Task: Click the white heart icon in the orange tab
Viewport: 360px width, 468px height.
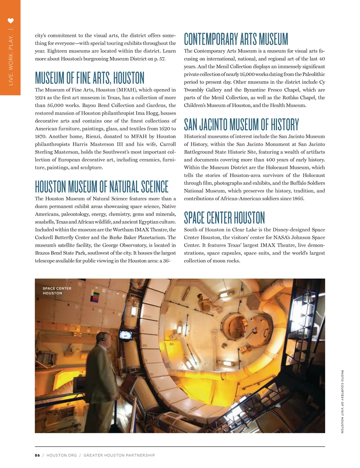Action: (x=11, y=21)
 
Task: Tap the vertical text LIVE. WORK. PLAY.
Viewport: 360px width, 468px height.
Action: (x=11, y=60)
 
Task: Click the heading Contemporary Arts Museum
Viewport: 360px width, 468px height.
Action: (x=236, y=39)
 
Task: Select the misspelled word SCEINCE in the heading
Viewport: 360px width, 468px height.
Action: (x=155, y=186)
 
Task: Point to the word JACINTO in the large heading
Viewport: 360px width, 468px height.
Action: (x=213, y=125)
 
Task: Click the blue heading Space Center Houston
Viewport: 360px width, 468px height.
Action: (x=224, y=218)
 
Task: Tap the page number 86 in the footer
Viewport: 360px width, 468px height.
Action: (x=37, y=455)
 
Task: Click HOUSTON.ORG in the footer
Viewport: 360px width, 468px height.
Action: (x=62, y=455)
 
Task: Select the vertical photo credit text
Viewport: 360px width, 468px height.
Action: (x=342, y=401)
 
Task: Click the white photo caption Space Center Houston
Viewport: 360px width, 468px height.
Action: (x=57, y=291)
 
